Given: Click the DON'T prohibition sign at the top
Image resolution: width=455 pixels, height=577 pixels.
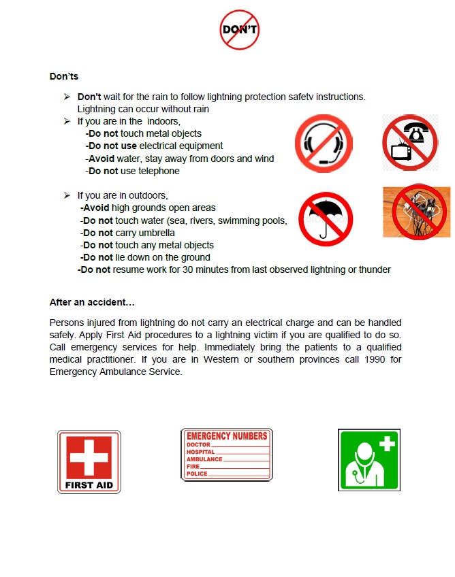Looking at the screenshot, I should click(x=240, y=29).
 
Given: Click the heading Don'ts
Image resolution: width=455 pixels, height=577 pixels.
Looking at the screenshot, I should click(x=64, y=76).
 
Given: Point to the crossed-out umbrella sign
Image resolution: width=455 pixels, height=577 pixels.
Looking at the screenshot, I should click(x=326, y=218).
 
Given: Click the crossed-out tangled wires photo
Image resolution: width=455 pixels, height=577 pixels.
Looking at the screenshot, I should click(x=416, y=211).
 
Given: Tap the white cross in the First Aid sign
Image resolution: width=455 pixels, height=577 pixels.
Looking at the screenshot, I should click(x=89, y=457).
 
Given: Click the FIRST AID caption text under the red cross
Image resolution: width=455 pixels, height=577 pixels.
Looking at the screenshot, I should click(x=89, y=486).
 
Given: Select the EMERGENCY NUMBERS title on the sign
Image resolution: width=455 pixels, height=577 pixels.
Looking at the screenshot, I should click(x=227, y=435).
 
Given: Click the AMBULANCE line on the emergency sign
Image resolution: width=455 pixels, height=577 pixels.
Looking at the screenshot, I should click(x=205, y=459).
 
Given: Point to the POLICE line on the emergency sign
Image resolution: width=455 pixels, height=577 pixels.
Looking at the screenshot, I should click(x=198, y=474).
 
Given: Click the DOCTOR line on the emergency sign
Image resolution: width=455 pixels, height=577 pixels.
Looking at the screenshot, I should click(x=199, y=444).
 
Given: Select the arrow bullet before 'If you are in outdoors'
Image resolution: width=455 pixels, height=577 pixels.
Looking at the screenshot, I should click(x=67, y=195).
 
